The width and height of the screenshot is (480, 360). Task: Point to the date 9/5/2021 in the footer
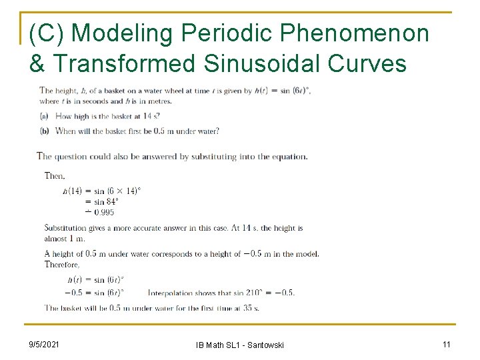pos(45,344)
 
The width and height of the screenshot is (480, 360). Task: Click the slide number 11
pos(446,344)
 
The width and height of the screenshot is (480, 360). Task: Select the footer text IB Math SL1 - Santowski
pos(240,345)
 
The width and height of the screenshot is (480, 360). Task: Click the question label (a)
pos(45,116)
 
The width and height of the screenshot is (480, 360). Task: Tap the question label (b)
pos(45,131)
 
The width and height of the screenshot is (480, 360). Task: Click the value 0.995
pos(103,212)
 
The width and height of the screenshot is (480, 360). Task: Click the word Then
pos(55,176)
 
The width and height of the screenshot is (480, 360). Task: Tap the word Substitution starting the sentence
pos(66,228)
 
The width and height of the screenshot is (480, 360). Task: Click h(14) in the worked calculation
pos(73,191)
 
